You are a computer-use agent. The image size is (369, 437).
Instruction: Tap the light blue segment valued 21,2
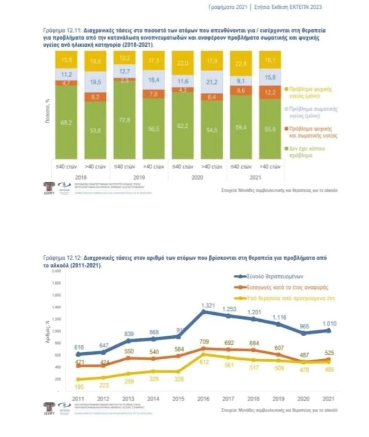tap(212, 82)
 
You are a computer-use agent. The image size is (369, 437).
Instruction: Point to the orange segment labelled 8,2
tap(95, 97)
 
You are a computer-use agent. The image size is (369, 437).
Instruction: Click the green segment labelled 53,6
tap(95, 130)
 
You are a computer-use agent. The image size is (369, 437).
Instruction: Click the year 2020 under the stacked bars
tap(197, 178)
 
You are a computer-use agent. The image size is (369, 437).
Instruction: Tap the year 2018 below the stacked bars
tap(81, 178)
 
